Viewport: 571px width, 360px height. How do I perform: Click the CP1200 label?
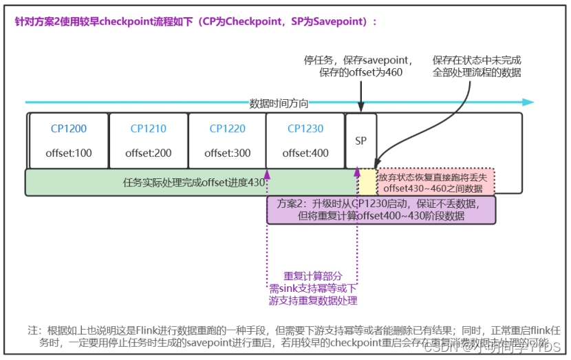point(69,129)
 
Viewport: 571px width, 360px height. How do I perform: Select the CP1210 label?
point(149,129)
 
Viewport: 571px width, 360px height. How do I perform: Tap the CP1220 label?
point(227,129)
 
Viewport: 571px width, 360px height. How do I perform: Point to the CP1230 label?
point(305,129)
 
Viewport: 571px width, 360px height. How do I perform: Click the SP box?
point(361,141)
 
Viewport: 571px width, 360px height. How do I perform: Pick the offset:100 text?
point(69,153)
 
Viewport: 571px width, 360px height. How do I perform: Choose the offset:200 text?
point(149,153)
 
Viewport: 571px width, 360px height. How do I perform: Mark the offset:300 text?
point(227,153)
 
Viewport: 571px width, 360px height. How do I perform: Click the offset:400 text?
point(305,153)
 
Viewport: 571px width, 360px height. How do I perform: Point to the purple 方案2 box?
point(380,210)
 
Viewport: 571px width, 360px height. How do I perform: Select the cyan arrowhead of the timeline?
point(528,103)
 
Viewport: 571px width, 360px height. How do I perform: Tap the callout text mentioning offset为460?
point(358,66)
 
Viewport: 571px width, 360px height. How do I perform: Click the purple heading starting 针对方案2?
point(196,21)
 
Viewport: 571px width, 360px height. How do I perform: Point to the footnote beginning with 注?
point(289,335)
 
